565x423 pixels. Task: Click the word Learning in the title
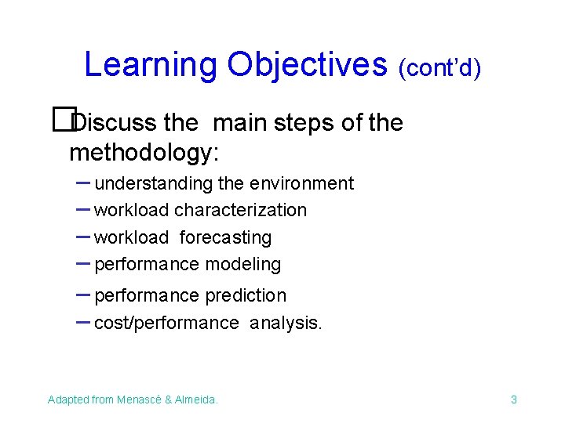(x=150, y=65)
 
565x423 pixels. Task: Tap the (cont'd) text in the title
(x=439, y=68)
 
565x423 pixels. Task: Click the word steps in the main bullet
(x=299, y=123)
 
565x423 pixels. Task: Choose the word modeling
(x=243, y=265)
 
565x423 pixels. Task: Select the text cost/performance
(x=166, y=323)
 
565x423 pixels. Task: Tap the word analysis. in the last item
(x=286, y=323)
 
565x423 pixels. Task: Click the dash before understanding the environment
(x=82, y=183)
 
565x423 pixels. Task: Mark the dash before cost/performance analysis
(x=82, y=321)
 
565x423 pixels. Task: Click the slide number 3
(x=514, y=399)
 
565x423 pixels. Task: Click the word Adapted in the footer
(x=68, y=399)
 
